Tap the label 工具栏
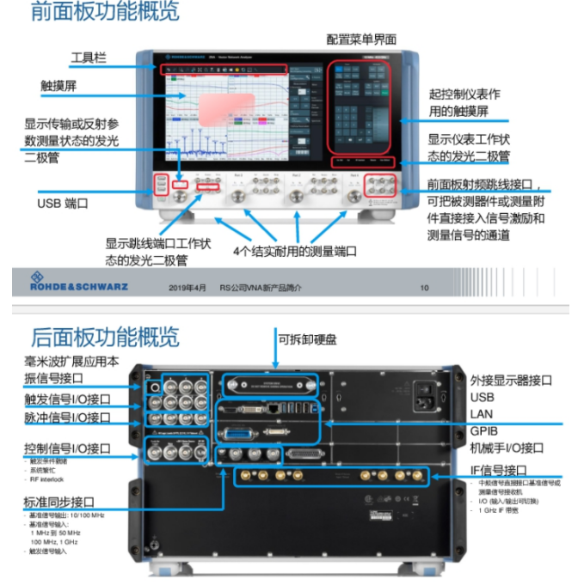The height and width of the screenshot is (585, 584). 89,58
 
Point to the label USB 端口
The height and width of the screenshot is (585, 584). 63,204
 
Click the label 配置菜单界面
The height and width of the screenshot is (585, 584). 361,39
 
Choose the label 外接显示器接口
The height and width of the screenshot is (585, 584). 511,381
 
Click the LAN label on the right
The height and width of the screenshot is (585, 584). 483,414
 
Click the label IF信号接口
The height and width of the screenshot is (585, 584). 499,470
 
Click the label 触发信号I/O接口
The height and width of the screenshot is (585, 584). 68,399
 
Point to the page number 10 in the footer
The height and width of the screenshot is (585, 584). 424,288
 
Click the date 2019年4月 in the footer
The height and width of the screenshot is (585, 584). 187,288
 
